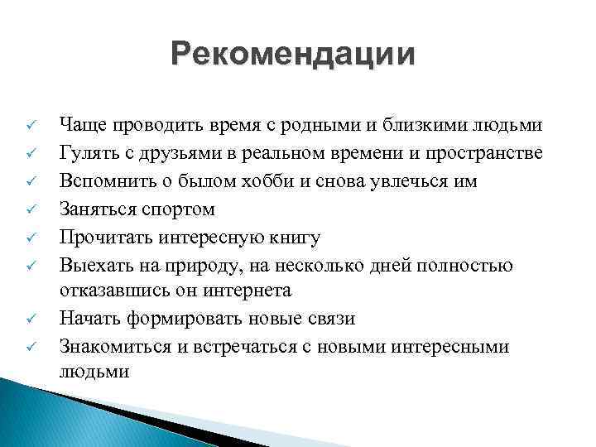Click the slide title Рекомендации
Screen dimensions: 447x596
click(293, 55)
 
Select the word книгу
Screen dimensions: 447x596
click(291, 238)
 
